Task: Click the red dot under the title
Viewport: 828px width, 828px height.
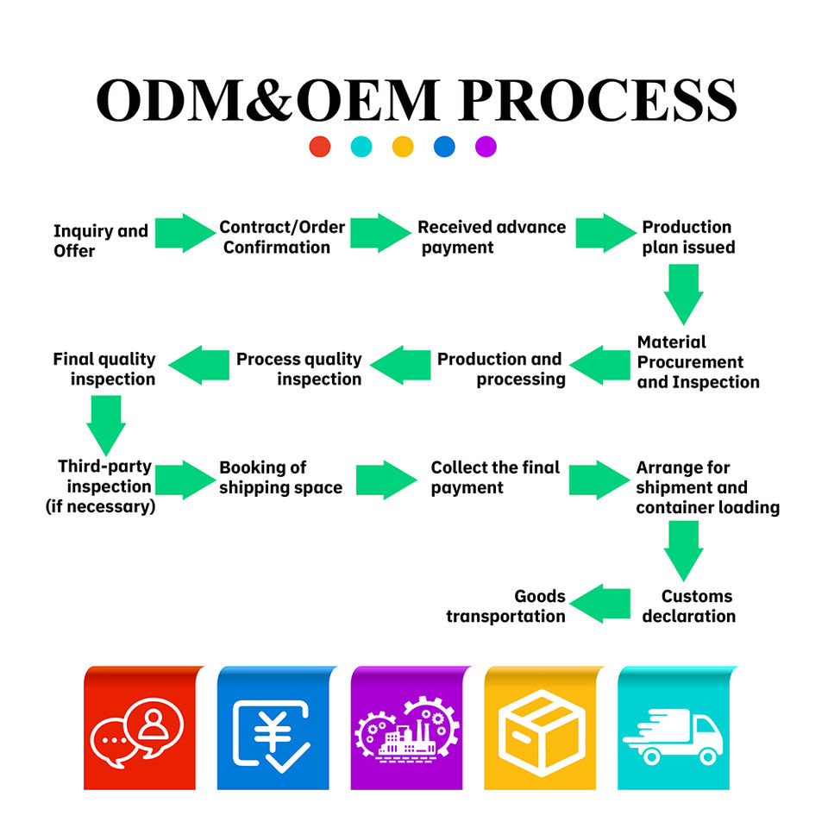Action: [319, 147]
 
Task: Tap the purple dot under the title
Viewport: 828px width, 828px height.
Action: [486, 147]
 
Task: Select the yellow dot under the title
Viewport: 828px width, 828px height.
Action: [403, 147]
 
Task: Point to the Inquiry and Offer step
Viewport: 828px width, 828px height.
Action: [100, 241]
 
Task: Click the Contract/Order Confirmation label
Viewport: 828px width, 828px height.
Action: [282, 237]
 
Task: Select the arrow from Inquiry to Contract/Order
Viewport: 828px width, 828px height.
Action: [185, 233]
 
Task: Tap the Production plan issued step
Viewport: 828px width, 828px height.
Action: [688, 237]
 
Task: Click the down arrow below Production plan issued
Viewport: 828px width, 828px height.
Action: [683, 294]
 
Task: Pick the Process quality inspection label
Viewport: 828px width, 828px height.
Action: [299, 368]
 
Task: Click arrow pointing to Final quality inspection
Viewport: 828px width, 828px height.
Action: [199, 365]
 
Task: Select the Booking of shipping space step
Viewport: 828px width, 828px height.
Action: [280, 477]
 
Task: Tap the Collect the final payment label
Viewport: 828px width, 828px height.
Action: [495, 477]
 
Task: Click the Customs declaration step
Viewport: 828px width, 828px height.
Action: [688, 606]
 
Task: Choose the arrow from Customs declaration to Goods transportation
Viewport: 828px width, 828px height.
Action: [600, 604]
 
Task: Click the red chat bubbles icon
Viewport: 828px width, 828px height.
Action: [137, 732]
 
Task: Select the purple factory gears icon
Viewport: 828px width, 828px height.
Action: [406, 730]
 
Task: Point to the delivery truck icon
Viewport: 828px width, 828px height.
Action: [674, 736]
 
